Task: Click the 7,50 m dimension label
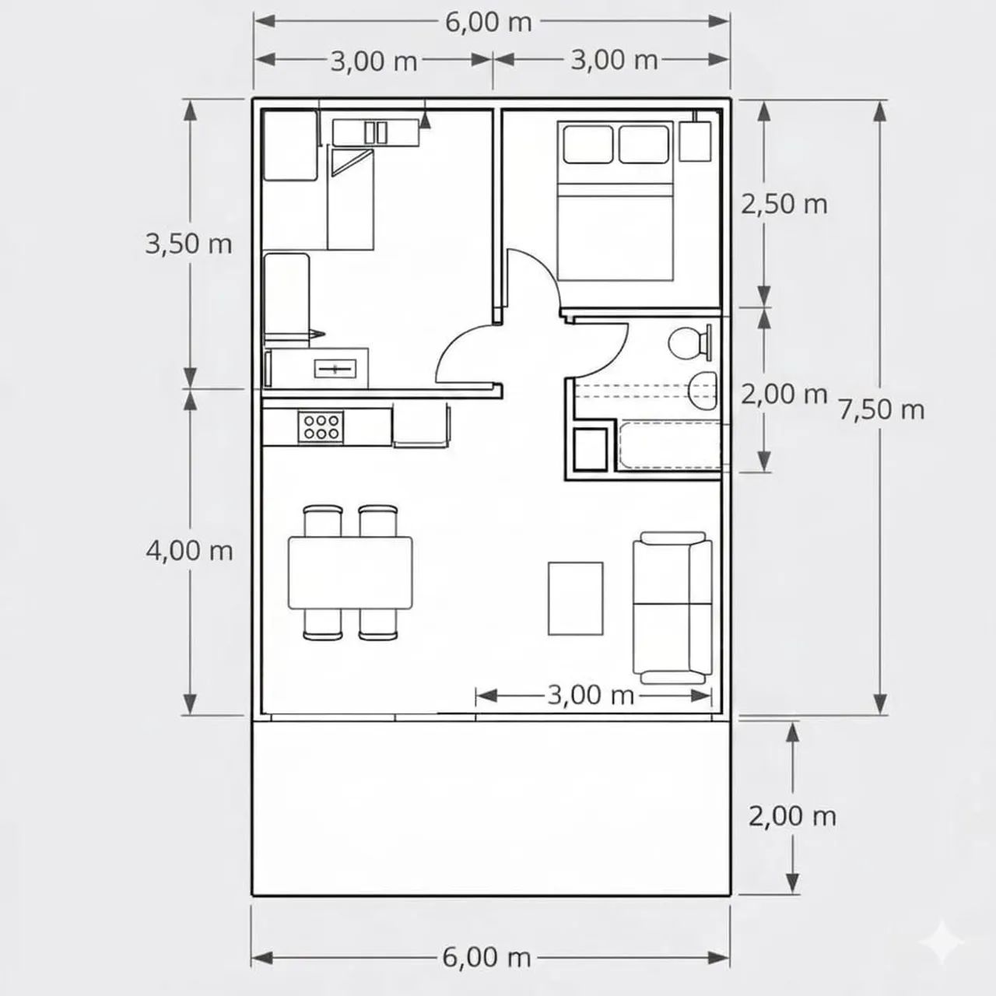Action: [x=882, y=410]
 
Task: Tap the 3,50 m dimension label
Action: [x=188, y=244]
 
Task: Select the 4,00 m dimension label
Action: [x=189, y=550]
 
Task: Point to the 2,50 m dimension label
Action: [x=784, y=204]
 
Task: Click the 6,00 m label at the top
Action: [x=489, y=23]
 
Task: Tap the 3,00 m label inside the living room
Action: [x=591, y=695]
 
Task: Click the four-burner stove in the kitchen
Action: [x=321, y=427]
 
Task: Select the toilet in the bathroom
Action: [x=690, y=342]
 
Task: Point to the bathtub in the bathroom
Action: [x=670, y=446]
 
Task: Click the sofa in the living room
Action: [x=672, y=608]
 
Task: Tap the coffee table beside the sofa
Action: [x=575, y=598]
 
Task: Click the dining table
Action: [x=350, y=572]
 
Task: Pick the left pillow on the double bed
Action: [x=588, y=144]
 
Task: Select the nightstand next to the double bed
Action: [x=695, y=141]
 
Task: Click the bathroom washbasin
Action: [x=703, y=391]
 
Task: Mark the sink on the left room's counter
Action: [x=335, y=369]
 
